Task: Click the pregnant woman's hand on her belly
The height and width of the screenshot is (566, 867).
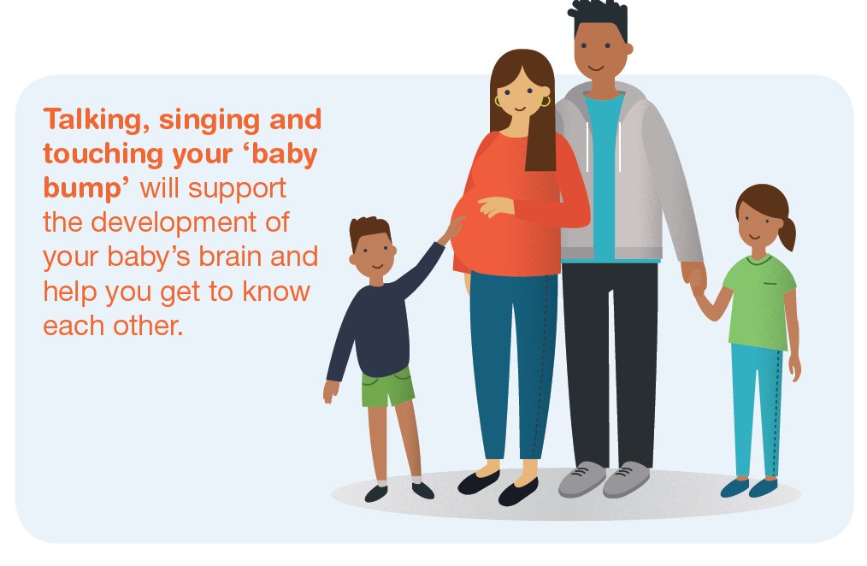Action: [494, 207]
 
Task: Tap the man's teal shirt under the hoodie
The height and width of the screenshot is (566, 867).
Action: [605, 171]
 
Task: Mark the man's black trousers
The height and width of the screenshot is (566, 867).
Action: [609, 359]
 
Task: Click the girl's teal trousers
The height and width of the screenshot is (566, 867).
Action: [756, 410]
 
